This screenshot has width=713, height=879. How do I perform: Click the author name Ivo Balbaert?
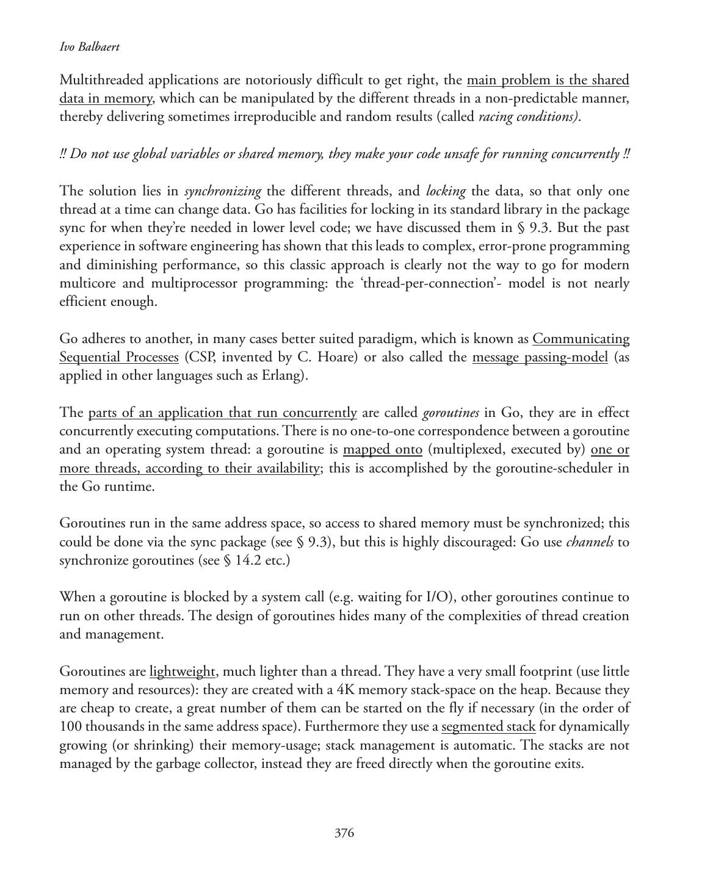pyautogui.click(x=90, y=47)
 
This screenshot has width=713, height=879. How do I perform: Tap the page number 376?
pyautogui.click(x=344, y=833)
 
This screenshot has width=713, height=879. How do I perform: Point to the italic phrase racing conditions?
pyautogui.click(x=528, y=117)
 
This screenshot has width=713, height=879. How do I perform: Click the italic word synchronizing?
pyautogui.click(x=223, y=191)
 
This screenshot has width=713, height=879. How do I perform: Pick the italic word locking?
pyautogui.click(x=446, y=191)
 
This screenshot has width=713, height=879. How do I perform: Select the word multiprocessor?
pyautogui.click(x=194, y=283)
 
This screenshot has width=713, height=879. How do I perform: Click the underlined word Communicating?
pyautogui.click(x=581, y=339)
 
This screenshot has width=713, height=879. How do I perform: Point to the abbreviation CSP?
pyautogui.click(x=201, y=357)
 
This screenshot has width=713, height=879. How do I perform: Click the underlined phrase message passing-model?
pyautogui.click(x=540, y=357)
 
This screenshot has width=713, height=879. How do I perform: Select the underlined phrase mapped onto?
pyautogui.click(x=383, y=450)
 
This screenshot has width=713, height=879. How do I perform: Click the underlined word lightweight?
pyautogui.click(x=182, y=671)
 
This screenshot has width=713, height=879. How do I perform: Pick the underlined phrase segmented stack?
pyautogui.click(x=488, y=726)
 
